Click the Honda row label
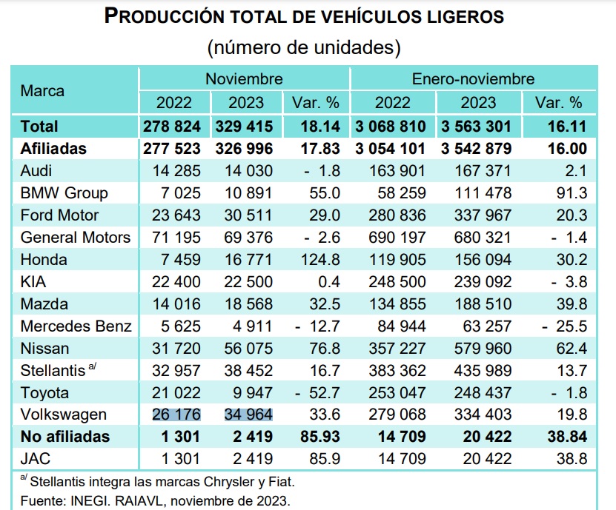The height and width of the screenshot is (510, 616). [x=44, y=260]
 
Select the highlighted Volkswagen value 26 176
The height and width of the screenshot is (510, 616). [x=173, y=415]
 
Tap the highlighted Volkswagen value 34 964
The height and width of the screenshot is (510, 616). [x=248, y=415]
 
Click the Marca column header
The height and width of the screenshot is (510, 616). [x=42, y=91]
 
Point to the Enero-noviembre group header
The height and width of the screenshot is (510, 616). [x=473, y=78]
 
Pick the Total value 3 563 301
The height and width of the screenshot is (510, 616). [x=477, y=126]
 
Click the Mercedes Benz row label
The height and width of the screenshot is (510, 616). [x=76, y=326]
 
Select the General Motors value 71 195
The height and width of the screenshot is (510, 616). [x=173, y=238]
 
